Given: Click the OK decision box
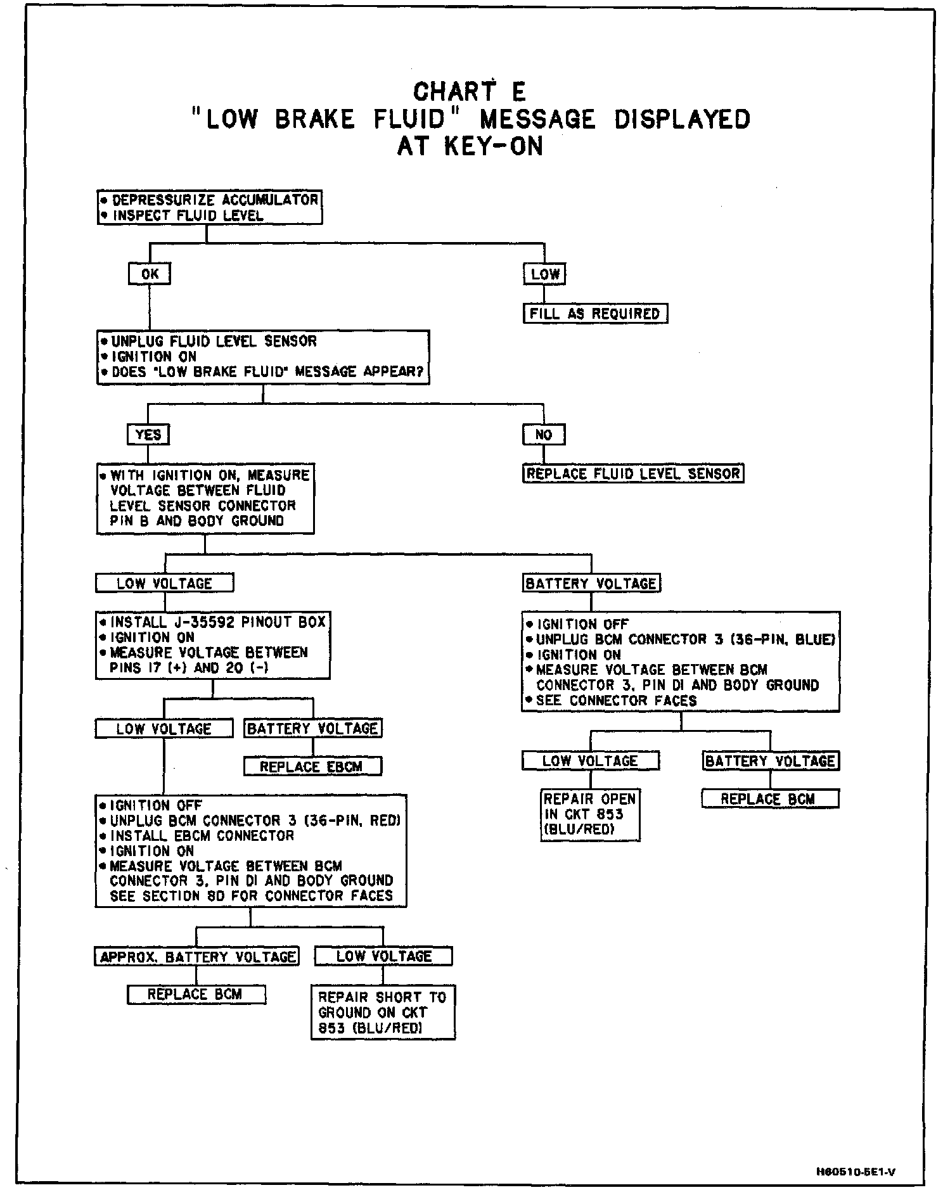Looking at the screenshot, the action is (149, 274).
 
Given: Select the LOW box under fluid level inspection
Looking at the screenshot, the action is (544, 274).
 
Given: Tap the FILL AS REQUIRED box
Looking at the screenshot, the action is (595, 313).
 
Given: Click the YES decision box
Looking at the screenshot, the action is (148, 435).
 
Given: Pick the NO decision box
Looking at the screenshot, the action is (544, 435).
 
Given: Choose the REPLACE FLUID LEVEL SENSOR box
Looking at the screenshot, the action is (633, 474).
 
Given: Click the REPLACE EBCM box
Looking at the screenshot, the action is (312, 767).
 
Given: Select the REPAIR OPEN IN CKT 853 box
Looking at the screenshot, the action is (590, 815).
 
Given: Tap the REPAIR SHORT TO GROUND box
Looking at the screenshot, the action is (383, 1012).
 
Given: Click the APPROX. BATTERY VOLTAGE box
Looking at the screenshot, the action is (196, 956).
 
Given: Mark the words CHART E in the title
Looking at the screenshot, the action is (470, 93).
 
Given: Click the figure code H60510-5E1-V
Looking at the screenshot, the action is (856, 1172).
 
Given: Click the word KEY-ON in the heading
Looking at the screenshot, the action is (493, 146).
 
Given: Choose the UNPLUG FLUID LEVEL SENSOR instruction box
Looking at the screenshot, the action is (262, 357).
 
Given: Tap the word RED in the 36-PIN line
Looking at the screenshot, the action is (385, 821).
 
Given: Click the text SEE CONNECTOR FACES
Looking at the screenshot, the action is (616, 700).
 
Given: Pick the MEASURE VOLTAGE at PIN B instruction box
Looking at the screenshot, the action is (205, 499).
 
